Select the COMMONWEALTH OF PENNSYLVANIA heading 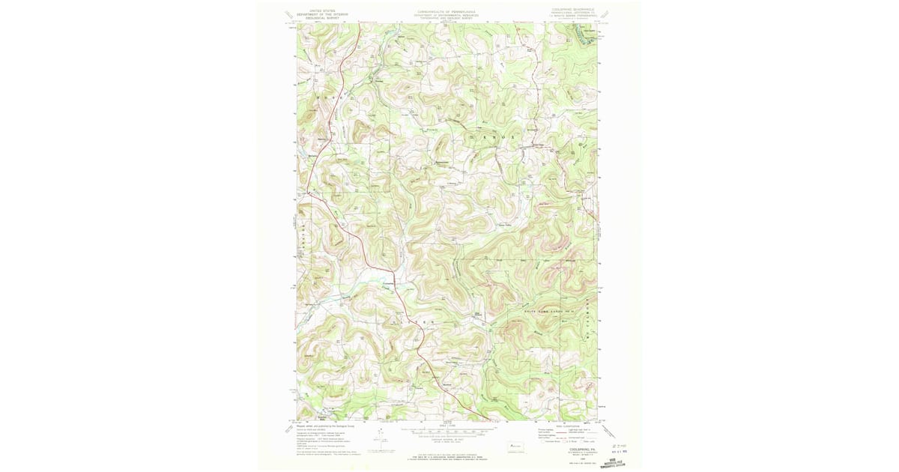tap(447, 11)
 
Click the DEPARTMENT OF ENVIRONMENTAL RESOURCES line tap(447, 14)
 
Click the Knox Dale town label tap(536, 145)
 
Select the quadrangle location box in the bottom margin tap(514, 447)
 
